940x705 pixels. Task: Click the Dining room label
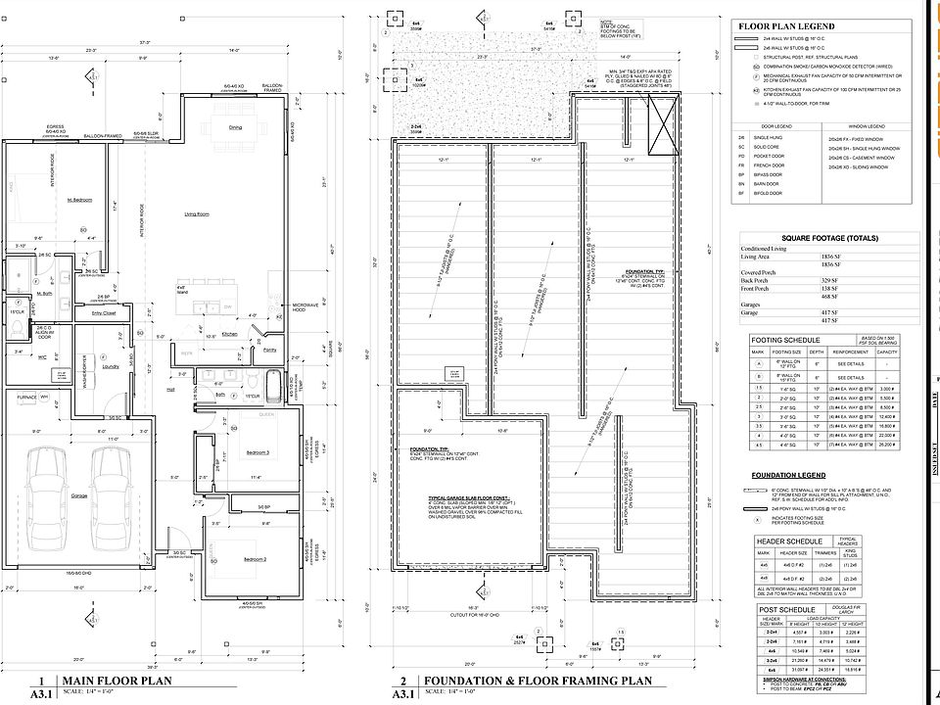235,127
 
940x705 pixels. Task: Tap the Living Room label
199,212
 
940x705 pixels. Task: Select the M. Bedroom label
79,200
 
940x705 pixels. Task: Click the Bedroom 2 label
255,557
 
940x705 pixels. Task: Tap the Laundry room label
110,367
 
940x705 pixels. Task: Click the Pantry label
269,350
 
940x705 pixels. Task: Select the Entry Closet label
105,313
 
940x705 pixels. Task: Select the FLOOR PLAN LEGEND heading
786,25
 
